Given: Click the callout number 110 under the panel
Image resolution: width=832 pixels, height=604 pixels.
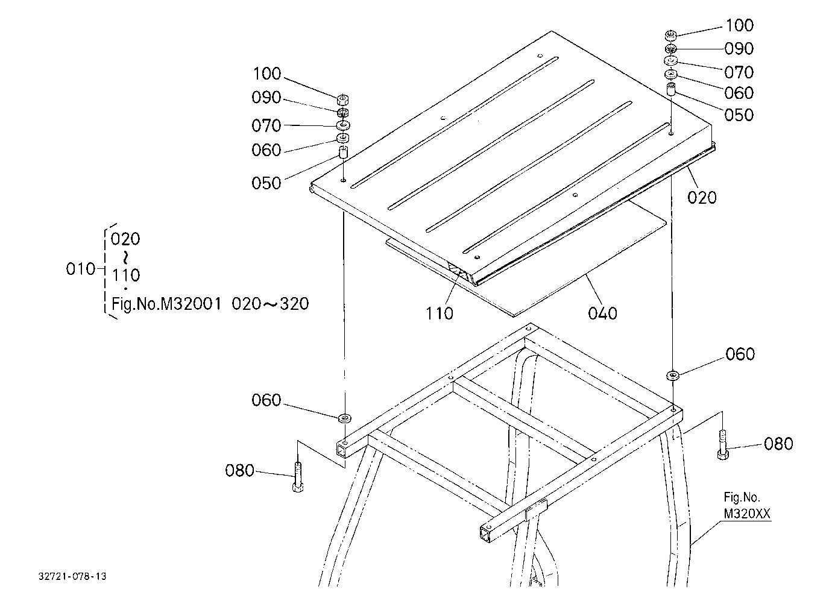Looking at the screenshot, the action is point(439,313).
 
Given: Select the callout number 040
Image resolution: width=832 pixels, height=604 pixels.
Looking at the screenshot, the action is point(602,313).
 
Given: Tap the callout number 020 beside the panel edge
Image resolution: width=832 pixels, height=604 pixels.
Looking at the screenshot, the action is point(702,198).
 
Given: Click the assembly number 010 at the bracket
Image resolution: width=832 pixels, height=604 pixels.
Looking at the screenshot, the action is point(81,269).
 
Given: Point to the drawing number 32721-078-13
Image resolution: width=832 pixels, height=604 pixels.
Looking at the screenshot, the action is point(72,576).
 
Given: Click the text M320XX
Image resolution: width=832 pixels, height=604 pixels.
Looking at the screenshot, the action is point(747,514).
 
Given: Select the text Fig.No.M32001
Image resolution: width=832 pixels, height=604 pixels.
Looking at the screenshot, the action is point(166,304).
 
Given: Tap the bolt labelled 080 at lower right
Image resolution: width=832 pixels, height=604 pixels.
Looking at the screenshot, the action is point(722,445).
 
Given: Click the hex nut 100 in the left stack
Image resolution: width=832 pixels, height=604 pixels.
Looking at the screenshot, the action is point(343,99).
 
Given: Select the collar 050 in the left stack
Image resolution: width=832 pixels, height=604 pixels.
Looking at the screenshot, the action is point(343,153).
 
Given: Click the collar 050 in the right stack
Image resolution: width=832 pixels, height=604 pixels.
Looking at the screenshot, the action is point(671,90).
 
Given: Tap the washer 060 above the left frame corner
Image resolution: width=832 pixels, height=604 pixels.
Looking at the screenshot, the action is point(345,418).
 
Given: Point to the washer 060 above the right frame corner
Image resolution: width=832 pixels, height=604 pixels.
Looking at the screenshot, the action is point(673,375).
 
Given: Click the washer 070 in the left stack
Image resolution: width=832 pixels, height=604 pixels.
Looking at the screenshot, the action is point(343,125).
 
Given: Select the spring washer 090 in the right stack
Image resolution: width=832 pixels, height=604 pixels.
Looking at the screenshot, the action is point(671,49).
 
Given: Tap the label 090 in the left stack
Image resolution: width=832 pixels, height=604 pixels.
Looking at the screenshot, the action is point(266,97).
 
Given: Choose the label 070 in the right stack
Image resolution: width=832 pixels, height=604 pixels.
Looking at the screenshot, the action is point(739,72).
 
